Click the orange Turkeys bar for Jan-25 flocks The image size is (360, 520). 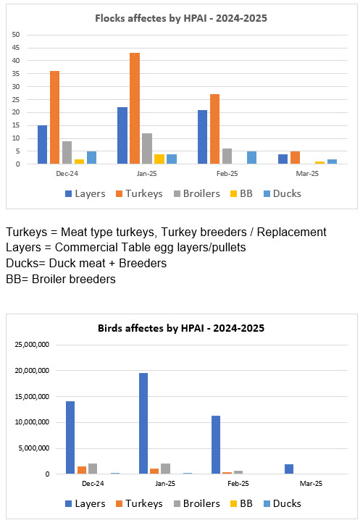[x=135, y=108]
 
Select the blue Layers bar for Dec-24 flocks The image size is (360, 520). [x=42, y=145]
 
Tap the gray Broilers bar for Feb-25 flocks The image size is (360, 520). [x=227, y=156]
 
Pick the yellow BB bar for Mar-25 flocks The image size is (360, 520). [x=319, y=162]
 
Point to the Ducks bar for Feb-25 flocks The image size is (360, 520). [x=251, y=158]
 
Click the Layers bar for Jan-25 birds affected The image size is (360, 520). [x=143, y=424]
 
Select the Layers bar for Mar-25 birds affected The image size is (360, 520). [x=289, y=469]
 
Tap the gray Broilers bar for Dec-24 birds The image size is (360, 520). [x=93, y=469]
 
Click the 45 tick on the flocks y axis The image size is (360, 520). [x=16, y=48]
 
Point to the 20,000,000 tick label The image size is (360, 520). [x=32, y=370]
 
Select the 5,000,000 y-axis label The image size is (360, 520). [x=34, y=448]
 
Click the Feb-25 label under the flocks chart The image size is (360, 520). [x=227, y=173]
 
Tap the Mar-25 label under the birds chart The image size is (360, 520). [x=311, y=484]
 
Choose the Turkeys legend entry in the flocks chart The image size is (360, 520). [x=139, y=193]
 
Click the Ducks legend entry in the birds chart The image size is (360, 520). [x=282, y=503]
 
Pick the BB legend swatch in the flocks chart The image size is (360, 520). [x=233, y=193]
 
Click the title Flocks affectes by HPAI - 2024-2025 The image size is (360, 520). [x=181, y=18]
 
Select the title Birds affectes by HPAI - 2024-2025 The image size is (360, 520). [x=181, y=328]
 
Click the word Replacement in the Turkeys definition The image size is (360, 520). [x=292, y=232]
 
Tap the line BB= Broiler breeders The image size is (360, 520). [x=61, y=279]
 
